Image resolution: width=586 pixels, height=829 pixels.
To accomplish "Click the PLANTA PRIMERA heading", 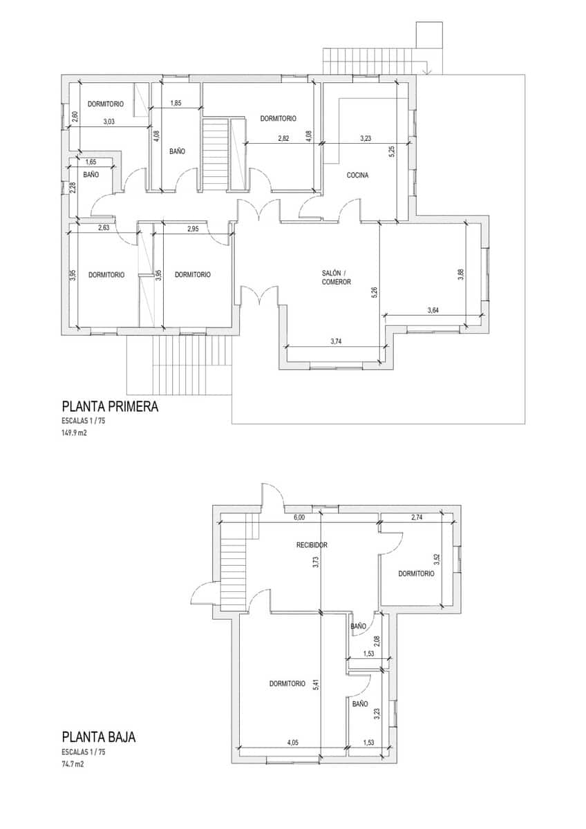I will tap(110, 407).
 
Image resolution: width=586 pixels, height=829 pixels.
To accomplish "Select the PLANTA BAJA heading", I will tap(98, 737).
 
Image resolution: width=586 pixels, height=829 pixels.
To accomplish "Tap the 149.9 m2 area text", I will tap(74, 435).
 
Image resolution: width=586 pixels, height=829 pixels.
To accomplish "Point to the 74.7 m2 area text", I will tap(73, 764).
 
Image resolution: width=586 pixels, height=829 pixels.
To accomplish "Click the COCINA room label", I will tap(357, 175).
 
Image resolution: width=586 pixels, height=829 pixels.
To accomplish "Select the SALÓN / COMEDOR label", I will tap(337, 277).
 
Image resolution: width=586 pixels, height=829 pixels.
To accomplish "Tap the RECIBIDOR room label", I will tap(312, 545).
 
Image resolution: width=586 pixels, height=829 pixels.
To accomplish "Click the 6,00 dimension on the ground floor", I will tap(299, 517).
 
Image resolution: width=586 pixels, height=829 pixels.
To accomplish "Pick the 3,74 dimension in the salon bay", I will tap(337, 341).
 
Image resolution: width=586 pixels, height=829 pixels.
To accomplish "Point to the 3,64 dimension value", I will tap(433, 311).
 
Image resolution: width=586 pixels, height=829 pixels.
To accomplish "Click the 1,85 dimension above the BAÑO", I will tap(176, 104).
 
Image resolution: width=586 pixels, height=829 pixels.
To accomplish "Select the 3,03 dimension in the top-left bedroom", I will tap(109, 122).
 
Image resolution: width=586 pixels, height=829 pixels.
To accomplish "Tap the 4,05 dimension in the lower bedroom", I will tap(293, 743).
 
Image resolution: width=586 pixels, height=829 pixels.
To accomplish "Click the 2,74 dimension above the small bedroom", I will tap(417, 517).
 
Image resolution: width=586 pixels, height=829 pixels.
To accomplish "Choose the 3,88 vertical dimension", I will tap(461, 275).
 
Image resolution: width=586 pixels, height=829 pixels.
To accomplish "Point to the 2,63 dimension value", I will tap(104, 228).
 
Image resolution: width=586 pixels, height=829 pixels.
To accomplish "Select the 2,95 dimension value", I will tap(193, 229).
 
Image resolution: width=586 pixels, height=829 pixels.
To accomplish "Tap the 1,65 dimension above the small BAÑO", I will tap(91, 162).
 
